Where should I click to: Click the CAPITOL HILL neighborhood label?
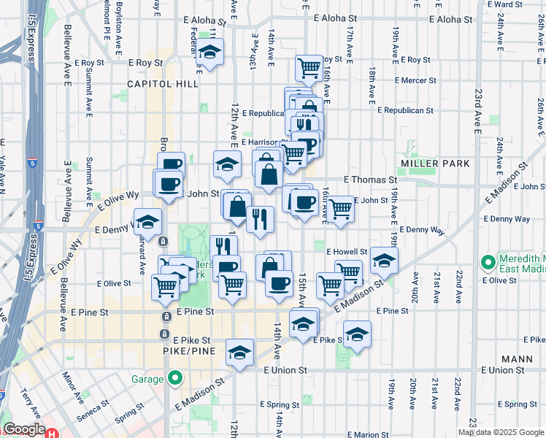[163, 84]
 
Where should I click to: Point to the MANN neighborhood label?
[518, 359]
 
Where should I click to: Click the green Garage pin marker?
[174, 378]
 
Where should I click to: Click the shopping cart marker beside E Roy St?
[309, 69]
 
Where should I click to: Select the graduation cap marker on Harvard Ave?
[147, 223]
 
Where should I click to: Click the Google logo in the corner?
[24, 429]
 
